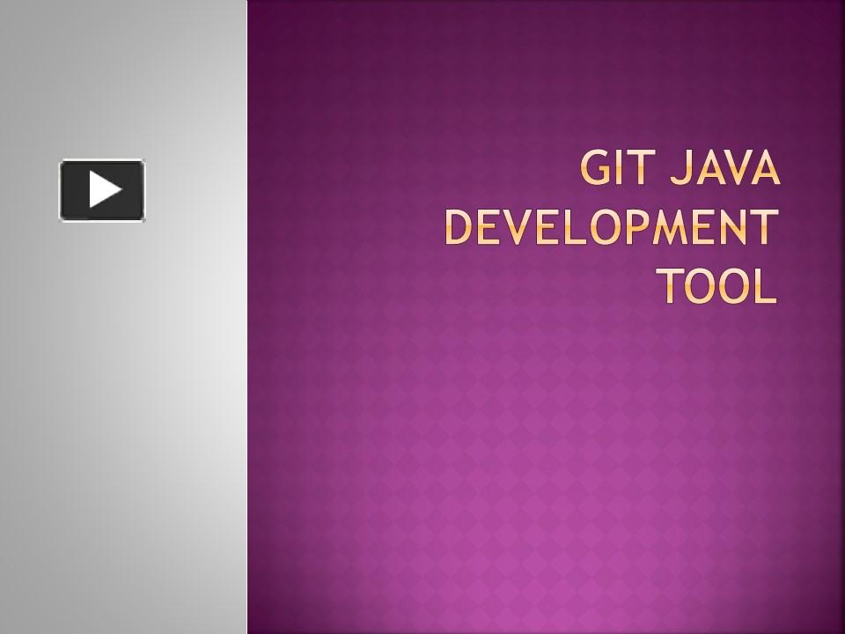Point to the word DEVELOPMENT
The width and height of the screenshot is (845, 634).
coord(612,228)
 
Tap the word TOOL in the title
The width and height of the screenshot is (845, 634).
coord(717,285)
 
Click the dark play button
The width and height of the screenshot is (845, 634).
coord(102,189)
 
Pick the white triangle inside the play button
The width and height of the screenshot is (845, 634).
coord(104,189)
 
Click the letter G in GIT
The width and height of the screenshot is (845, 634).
coord(596,170)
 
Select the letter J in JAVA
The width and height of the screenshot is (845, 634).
coord(679,170)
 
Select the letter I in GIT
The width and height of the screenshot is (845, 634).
coord(621,170)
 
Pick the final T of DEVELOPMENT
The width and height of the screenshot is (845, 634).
coord(764,228)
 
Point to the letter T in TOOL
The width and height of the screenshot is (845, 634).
coord(671,285)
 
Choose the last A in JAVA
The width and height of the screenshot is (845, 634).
coord(765,170)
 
